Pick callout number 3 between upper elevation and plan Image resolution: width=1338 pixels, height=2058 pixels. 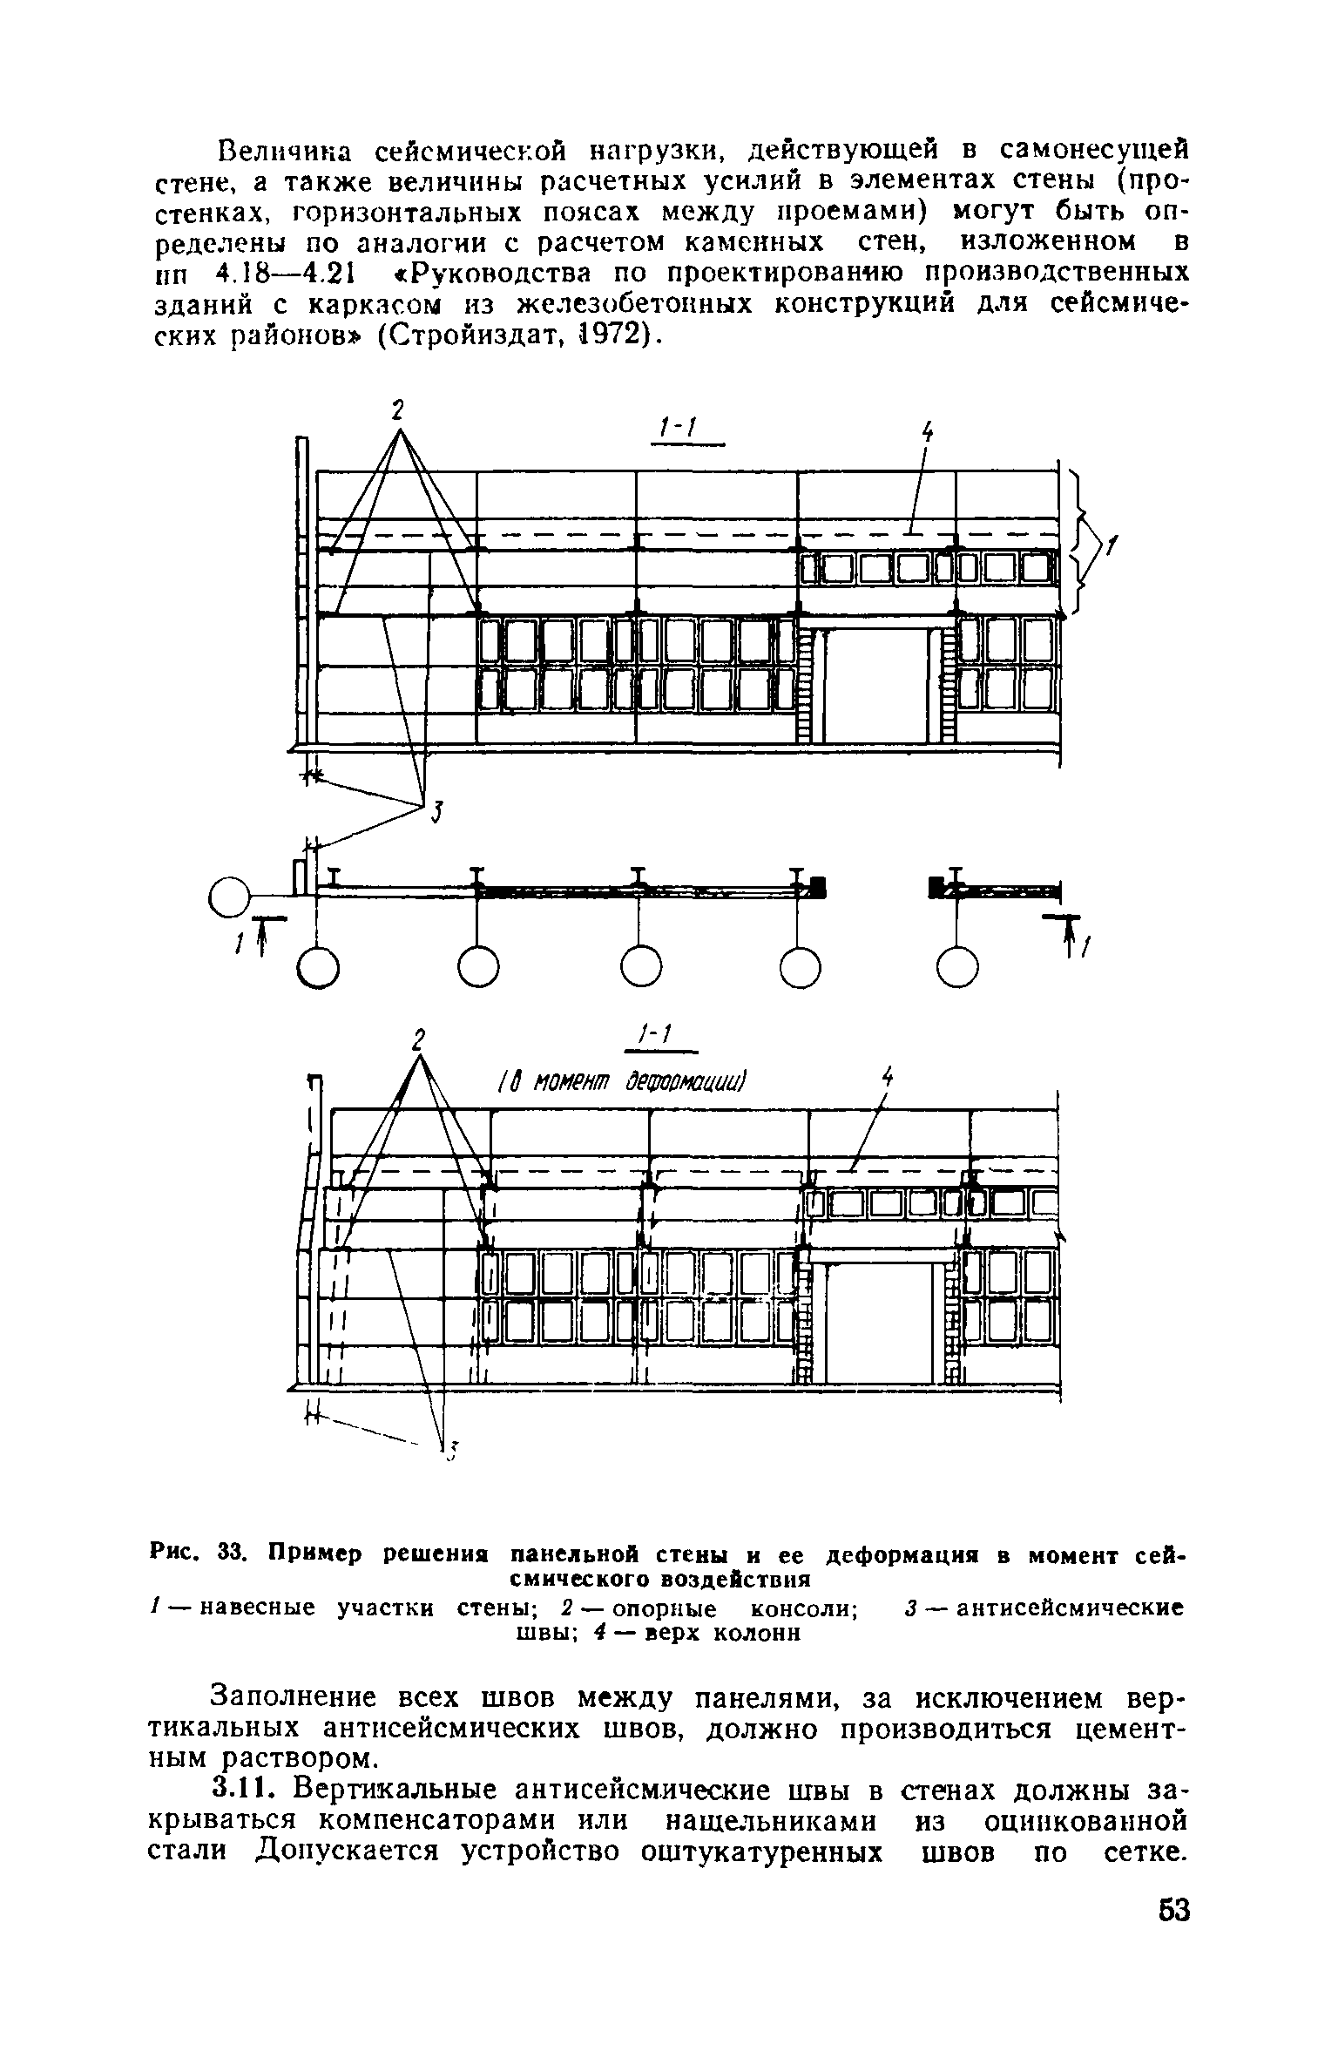coord(438,815)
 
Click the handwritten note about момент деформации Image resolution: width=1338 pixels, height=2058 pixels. coord(623,1082)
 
